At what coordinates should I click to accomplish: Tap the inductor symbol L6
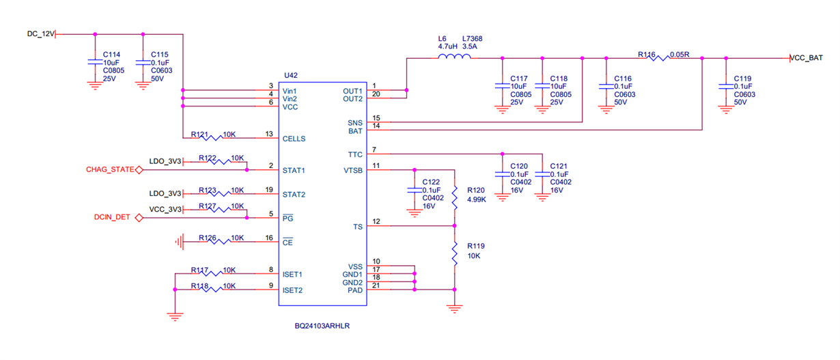(x=454, y=58)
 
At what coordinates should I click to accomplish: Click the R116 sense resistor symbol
(x=659, y=58)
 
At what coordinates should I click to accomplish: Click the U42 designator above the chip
(x=291, y=75)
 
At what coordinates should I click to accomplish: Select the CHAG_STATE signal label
(x=109, y=169)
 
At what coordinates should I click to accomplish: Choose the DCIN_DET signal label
(x=113, y=218)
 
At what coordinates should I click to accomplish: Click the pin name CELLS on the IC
(x=294, y=139)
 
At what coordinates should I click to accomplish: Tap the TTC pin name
(x=355, y=154)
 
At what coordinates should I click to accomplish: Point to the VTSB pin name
(x=352, y=170)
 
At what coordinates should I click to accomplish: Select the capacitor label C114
(x=112, y=55)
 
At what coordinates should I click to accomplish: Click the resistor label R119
(x=476, y=245)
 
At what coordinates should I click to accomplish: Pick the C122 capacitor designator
(x=431, y=182)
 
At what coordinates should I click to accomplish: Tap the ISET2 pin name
(x=294, y=290)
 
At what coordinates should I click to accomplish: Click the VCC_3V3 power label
(x=166, y=210)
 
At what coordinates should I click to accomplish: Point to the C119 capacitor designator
(x=743, y=79)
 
